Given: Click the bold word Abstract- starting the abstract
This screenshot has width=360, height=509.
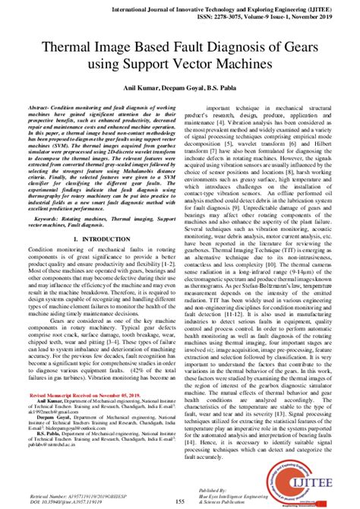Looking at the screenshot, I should [x=41, y=109].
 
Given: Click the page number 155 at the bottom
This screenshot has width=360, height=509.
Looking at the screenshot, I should [x=180, y=501].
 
